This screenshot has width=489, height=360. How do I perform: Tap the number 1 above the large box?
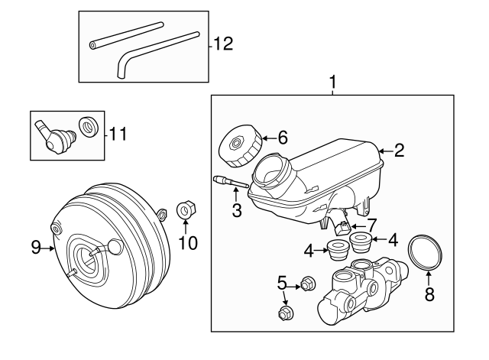tap(332, 81)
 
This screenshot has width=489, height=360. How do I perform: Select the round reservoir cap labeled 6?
tap(237, 148)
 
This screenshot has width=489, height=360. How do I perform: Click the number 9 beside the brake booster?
tap(36, 246)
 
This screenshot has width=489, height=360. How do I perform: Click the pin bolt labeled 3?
tap(227, 183)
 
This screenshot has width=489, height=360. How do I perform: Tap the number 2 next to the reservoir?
tap(399, 151)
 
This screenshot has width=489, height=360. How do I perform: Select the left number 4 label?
tap(309, 249)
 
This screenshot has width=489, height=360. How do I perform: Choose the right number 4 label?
tap(393, 239)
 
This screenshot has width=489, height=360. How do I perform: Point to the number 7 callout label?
tap(372, 225)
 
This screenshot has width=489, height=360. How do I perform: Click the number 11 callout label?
tap(118, 135)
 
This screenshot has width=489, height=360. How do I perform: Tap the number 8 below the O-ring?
tap(429, 294)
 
